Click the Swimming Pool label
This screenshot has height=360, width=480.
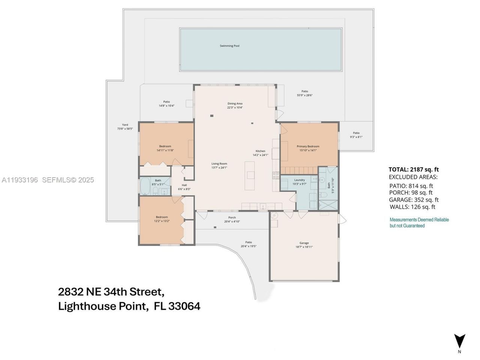229,46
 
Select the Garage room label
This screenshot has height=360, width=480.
304,243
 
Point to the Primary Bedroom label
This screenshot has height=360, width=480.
308,146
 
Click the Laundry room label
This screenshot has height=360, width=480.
299,180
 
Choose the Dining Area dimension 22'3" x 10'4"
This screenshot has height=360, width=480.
235,108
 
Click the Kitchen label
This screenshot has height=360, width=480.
260,151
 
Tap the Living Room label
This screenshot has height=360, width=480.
219,163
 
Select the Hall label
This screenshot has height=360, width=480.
184,185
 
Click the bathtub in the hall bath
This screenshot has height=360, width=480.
145,186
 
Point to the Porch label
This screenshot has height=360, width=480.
232,217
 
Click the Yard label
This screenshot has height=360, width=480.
125,125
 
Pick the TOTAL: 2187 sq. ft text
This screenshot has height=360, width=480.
413,169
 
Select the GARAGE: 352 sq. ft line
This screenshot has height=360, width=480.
414,200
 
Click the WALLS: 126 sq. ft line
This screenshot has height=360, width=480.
412,207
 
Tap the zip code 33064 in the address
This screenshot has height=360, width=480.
184,306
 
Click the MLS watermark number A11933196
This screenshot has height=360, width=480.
20,180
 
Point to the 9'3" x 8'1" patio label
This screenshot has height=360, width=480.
356,137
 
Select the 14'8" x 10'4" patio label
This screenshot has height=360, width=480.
166,106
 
